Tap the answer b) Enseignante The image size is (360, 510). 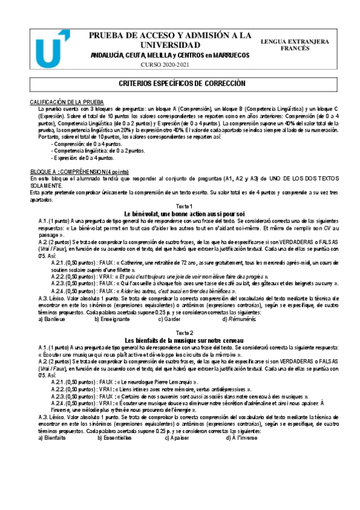coord(115,319)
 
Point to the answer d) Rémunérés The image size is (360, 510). coord(239,319)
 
